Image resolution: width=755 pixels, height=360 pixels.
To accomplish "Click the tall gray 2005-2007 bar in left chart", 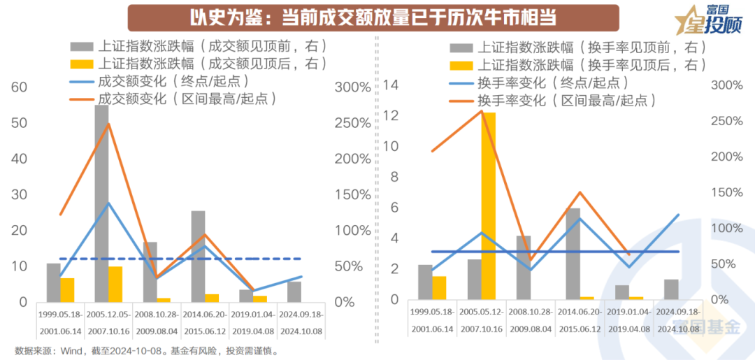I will click(x=102, y=203).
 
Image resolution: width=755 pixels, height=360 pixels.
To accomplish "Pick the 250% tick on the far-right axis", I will click(x=727, y=121).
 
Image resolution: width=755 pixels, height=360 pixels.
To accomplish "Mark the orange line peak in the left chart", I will click(x=108, y=124).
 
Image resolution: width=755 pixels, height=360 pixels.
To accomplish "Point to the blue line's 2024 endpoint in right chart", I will click(x=678, y=215).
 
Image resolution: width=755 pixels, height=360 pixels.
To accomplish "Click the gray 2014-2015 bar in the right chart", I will click(x=573, y=253).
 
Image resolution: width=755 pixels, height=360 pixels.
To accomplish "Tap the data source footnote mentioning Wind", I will click(x=147, y=351).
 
